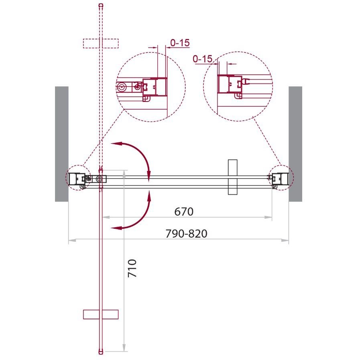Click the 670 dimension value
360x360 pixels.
click(184, 212)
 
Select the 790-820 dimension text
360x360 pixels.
click(187, 234)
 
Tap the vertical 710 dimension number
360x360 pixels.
click(132, 268)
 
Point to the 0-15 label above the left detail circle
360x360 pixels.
click(180, 43)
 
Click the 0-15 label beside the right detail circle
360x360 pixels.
click(203, 59)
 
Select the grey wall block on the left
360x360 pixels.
click(62, 144)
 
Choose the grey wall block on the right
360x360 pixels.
click(295, 144)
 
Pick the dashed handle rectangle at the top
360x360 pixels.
click(101, 43)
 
